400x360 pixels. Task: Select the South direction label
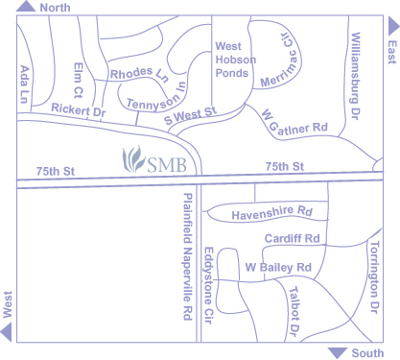pyautogui.click(x=367, y=353)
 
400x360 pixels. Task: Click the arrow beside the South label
pyautogui.click(x=337, y=352)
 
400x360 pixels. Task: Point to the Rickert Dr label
pyautogui.click(x=78, y=110)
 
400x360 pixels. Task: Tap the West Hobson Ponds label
pyautogui.click(x=234, y=60)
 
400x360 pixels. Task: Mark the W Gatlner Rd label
pyautogui.click(x=294, y=119)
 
